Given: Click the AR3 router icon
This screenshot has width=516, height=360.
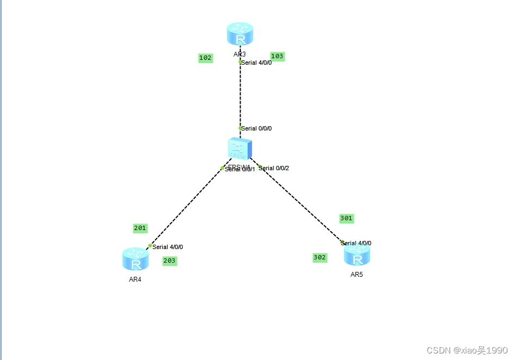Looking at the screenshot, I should point(240,34).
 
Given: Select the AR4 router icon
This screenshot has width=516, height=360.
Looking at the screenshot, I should point(136,259).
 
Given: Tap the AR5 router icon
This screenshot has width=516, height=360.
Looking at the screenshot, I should point(357,255).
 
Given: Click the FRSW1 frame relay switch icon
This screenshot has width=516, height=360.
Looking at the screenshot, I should point(240,148).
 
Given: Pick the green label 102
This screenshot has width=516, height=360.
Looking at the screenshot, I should point(205,58).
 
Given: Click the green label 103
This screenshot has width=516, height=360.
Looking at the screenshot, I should point(278,57).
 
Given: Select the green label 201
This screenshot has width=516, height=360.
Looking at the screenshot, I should point(140,228).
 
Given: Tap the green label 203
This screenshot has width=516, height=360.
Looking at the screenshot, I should point(170,261).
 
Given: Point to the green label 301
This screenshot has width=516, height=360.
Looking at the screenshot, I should point(346,219).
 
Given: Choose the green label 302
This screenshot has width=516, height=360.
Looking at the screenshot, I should point(320,258).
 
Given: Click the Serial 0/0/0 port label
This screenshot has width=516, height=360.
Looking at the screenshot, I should point(256,129).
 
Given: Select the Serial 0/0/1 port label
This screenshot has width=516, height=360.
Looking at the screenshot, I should point(240,169).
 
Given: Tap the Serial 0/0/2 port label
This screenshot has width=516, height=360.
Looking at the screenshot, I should point(274,169).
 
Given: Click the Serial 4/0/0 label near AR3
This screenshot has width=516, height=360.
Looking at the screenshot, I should point(256,63).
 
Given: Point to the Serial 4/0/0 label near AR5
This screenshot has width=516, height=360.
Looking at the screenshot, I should point(357,244).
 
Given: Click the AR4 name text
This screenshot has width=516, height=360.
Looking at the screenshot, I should point(136,280).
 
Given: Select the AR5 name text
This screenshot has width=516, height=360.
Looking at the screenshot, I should point(357,275).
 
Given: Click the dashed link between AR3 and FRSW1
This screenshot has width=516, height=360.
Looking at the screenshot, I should point(240,95).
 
